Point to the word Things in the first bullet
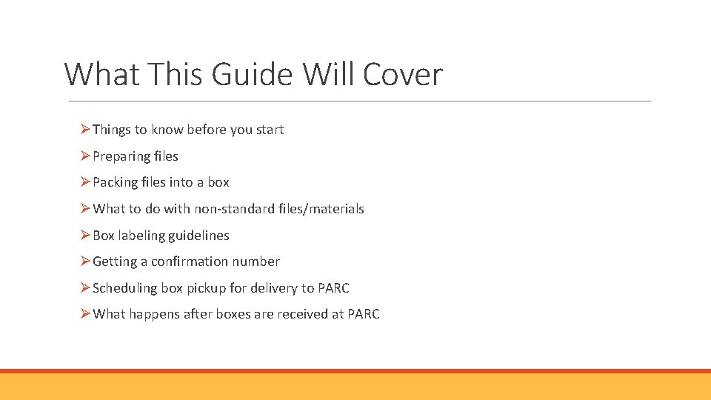[111, 130]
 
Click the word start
[270, 130]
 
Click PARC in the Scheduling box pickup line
[333, 288]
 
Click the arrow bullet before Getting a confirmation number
[85, 261]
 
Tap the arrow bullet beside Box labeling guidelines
[85, 236]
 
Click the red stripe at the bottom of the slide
[355, 371]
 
